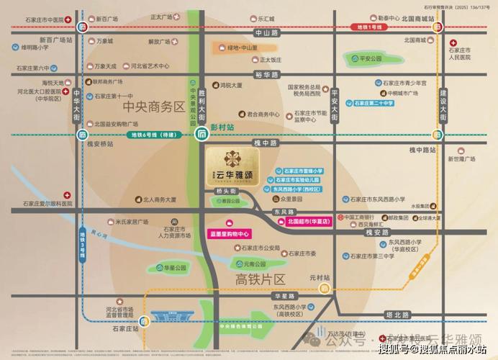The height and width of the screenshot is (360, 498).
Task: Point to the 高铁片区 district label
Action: [x=261, y=279]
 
